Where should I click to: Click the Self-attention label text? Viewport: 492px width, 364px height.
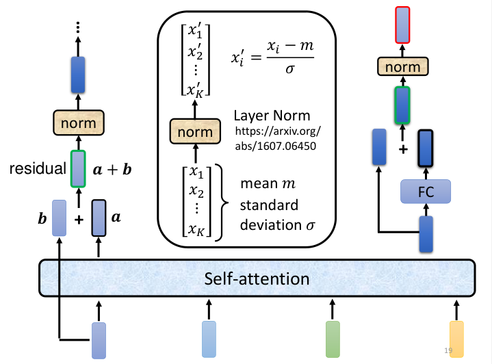pyautogui.click(x=257, y=278)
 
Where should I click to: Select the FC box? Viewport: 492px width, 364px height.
pyautogui.click(x=426, y=192)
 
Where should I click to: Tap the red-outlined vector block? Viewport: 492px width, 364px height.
pyautogui.click(x=402, y=25)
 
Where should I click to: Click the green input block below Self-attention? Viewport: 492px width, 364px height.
pyautogui.click(x=333, y=339)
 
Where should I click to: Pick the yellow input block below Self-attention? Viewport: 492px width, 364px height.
pyautogui.click(x=456, y=339)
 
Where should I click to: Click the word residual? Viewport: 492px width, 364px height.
pyautogui.click(x=38, y=168)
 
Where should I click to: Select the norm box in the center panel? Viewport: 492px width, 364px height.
pyautogui.click(x=195, y=131)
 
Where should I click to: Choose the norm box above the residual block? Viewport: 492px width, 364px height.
pyautogui.click(x=79, y=122)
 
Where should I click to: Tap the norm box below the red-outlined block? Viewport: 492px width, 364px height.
pyautogui.click(x=403, y=66)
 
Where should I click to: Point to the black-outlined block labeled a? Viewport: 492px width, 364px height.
pyautogui.click(x=99, y=218)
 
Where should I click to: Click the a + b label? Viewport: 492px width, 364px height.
pyautogui.click(x=112, y=170)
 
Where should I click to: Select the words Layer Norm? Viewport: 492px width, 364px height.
pyautogui.click(x=272, y=116)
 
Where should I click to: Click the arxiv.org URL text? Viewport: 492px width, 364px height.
pyautogui.click(x=278, y=138)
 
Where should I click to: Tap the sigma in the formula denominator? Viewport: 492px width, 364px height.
pyautogui.click(x=290, y=69)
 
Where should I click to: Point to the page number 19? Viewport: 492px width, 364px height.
pyautogui.click(x=448, y=350)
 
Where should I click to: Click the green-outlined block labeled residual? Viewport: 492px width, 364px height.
pyautogui.click(x=78, y=169)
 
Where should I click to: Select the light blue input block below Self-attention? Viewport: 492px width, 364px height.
pyautogui.click(x=209, y=339)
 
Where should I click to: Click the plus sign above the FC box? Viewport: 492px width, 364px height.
pyautogui.click(x=403, y=149)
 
